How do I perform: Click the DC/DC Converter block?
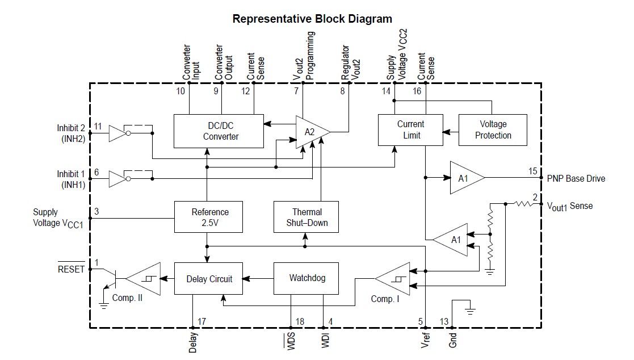point(219,131)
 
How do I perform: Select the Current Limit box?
point(410,129)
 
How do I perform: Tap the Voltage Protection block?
point(493,129)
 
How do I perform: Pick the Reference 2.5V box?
point(209,217)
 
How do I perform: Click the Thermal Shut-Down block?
point(306,217)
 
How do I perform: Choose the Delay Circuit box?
point(208,279)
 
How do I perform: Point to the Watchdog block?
point(307,278)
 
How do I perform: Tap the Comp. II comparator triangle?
point(145,279)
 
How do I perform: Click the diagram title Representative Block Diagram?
point(312,19)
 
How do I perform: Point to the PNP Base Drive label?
point(576,178)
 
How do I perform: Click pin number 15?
point(532,171)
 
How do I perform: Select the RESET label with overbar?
point(71,269)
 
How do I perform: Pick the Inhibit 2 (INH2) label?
point(71,133)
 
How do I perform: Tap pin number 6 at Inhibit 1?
point(97,171)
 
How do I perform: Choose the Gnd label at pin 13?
point(452,340)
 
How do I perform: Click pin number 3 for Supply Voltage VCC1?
point(96,212)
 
